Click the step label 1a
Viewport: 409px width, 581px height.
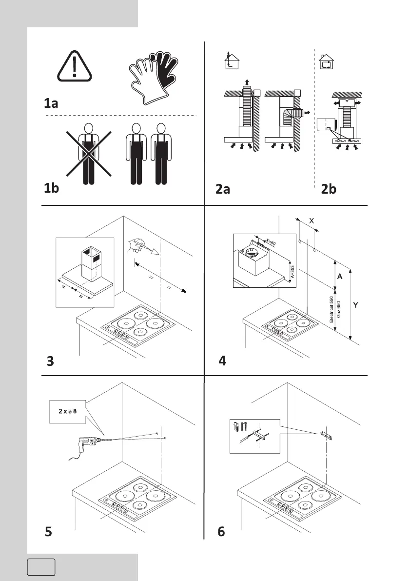[x=51, y=103]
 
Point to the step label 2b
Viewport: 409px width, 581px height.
[x=329, y=189]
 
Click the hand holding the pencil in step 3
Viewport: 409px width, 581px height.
[x=135, y=245]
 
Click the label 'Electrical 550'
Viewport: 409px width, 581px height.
[x=331, y=310]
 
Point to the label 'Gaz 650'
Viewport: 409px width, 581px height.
[x=339, y=310]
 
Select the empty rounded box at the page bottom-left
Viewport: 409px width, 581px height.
[x=41, y=567]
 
